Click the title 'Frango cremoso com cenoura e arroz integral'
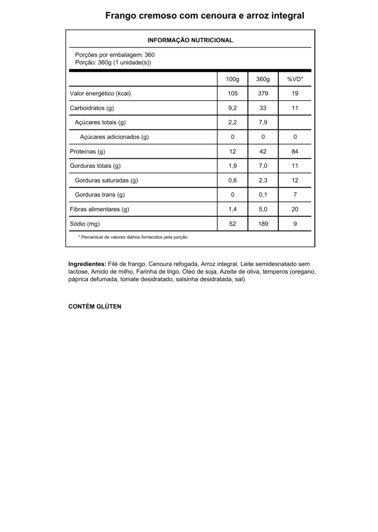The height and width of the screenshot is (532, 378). click(x=204, y=16)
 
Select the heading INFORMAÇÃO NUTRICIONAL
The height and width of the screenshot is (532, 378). click(x=190, y=40)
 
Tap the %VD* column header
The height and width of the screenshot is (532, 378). click(x=295, y=79)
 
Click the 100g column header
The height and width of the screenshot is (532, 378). click(x=232, y=79)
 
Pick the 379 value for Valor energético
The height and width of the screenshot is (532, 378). click(x=263, y=94)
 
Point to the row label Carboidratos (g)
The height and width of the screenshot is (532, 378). click(x=92, y=108)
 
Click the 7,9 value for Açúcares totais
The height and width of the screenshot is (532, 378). click(x=263, y=123)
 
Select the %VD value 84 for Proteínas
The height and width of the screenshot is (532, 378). click(x=295, y=152)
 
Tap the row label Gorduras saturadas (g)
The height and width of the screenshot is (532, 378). click(x=106, y=180)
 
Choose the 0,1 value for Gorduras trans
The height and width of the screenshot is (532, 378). click(x=263, y=195)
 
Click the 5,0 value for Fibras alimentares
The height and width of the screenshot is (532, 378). click(x=263, y=209)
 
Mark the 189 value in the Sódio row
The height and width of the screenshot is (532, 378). click(x=263, y=224)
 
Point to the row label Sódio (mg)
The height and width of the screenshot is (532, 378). click(x=85, y=224)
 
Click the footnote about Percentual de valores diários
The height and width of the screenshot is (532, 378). click(x=133, y=237)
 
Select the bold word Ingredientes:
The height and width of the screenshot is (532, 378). click(x=87, y=264)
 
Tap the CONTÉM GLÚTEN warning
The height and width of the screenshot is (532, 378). click(x=95, y=307)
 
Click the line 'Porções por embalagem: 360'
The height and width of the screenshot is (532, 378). click(x=115, y=55)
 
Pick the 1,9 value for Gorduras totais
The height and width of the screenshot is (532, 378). click(x=232, y=166)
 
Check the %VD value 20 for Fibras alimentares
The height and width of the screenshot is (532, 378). click(x=295, y=209)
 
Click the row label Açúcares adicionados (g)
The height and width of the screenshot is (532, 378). click(x=114, y=137)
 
